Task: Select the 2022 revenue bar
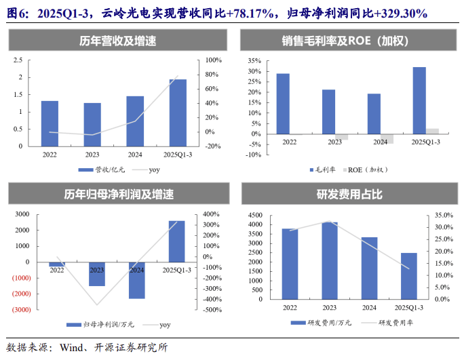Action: [x=50, y=123]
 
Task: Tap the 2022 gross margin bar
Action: [x=283, y=104]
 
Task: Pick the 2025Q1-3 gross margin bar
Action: [x=419, y=100]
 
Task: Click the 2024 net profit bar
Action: [x=136, y=280]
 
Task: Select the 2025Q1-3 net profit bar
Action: [x=176, y=241]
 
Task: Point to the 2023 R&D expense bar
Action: [x=330, y=260]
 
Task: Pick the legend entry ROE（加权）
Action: [x=370, y=169]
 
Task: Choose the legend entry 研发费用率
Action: [x=392, y=323]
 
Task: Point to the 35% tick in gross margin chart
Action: [x=254, y=60]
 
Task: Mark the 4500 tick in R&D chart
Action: [x=255, y=215]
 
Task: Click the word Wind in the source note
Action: [x=73, y=348]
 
